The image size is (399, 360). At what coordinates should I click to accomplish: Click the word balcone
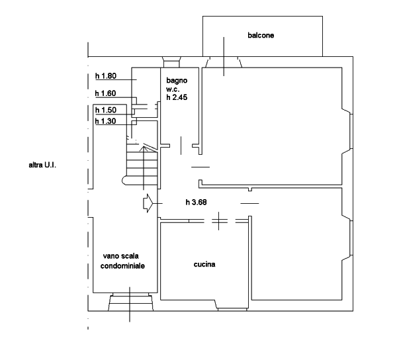coord(261,35)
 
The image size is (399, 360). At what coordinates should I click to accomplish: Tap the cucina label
coord(204,264)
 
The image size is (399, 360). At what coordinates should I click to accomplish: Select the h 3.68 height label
coord(196,202)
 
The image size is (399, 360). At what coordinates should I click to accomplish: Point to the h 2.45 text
coord(177,97)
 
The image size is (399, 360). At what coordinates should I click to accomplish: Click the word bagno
coord(177,80)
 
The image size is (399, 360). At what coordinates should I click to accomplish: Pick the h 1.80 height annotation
coord(106,76)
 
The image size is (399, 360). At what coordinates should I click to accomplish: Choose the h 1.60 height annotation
coord(105,93)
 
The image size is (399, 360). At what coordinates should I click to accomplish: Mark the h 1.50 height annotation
coord(106,110)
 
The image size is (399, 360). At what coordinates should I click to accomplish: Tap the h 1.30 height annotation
coord(105,121)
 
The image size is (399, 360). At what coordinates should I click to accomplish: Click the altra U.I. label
coord(42,165)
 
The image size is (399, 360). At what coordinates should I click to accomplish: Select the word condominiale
coord(122,266)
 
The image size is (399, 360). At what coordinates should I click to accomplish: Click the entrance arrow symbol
coord(148,203)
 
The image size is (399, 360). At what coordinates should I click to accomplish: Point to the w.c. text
coord(173,89)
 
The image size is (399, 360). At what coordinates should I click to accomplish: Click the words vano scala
coord(121,256)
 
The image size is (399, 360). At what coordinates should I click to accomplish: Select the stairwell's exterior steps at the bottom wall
coord(130,302)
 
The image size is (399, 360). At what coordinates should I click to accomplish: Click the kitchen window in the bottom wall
coord(232,309)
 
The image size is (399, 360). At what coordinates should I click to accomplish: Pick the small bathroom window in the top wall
coord(171,62)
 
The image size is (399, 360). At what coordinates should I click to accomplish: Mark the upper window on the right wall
coord(351,131)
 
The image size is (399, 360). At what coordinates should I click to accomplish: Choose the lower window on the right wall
coord(351,238)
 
